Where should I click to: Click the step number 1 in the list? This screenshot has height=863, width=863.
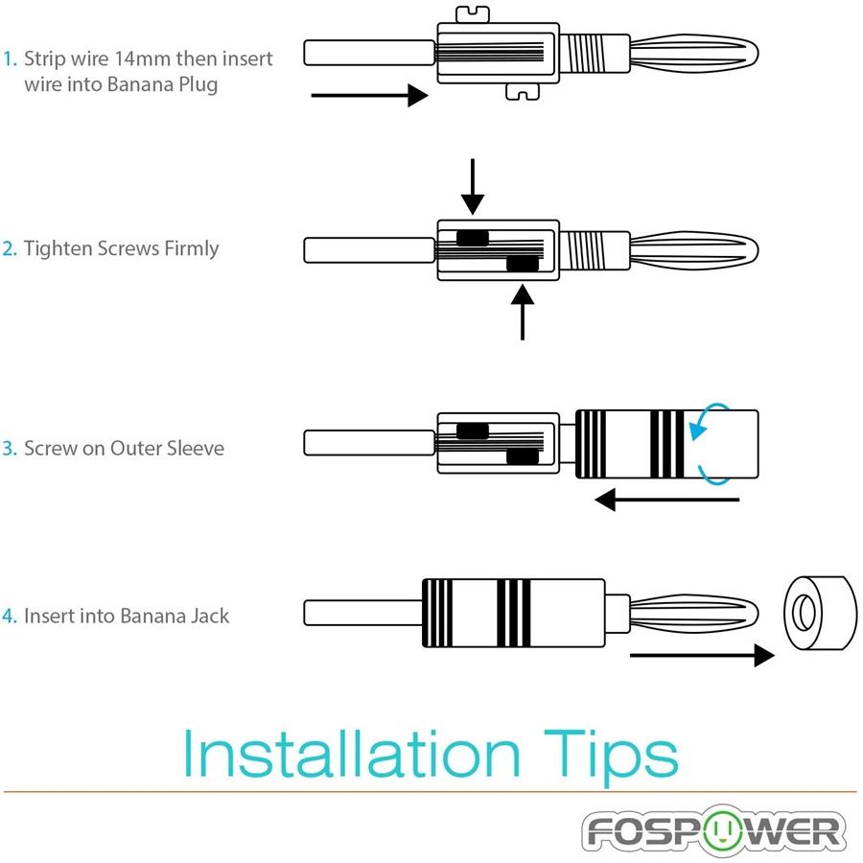(x=9, y=59)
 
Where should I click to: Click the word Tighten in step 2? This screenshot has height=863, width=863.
(x=58, y=249)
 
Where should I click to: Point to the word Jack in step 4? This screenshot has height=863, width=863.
(x=209, y=616)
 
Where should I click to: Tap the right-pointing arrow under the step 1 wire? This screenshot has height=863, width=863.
(x=368, y=95)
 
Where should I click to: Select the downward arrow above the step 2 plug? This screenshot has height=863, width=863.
(x=472, y=188)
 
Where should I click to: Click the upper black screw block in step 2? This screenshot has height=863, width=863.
(x=472, y=238)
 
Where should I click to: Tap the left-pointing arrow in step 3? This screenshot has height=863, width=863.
(x=666, y=500)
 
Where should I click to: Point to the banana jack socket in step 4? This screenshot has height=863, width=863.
(x=818, y=611)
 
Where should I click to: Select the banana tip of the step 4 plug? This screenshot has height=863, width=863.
(x=695, y=611)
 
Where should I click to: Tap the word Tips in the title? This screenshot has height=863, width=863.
(x=609, y=756)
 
